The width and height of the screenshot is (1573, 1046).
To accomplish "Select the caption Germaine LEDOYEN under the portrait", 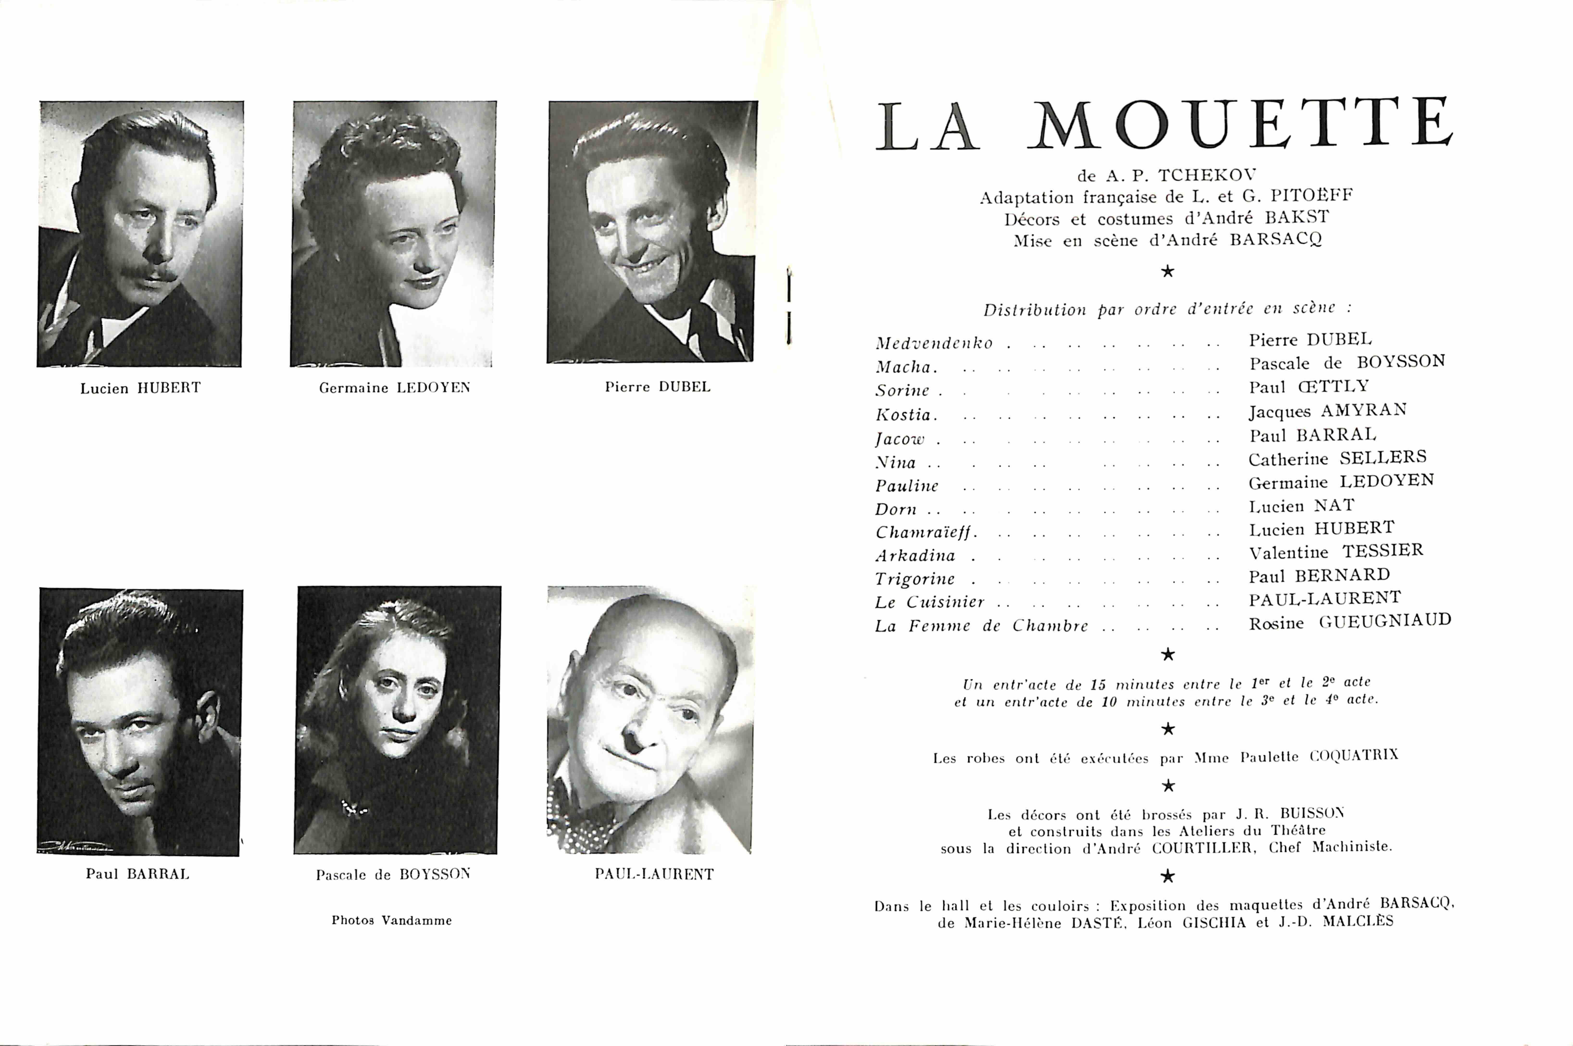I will tap(394, 388).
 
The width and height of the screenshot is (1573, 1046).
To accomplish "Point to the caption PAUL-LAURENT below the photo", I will tap(654, 874).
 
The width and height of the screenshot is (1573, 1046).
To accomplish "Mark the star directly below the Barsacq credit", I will tap(1167, 271).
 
